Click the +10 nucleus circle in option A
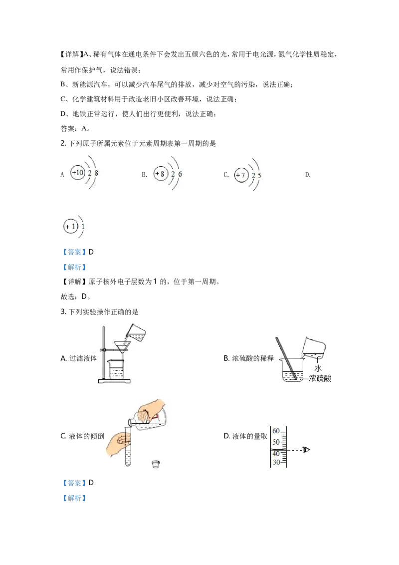click(x=77, y=173)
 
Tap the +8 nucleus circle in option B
click(x=160, y=174)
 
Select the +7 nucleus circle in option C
click(x=241, y=175)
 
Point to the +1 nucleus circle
click(x=71, y=227)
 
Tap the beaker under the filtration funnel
click(x=116, y=369)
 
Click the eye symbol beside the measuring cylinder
click(x=306, y=450)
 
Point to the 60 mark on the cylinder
click(x=276, y=431)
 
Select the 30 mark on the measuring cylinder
click(x=276, y=462)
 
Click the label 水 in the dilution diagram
click(x=318, y=368)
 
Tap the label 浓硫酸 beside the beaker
click(x=320, y=378)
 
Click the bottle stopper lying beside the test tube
click(x=156, y=464)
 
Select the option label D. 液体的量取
click(x=245, y=436)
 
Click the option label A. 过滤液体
click(x=78, y=358)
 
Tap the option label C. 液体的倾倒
click(x=82, y=436)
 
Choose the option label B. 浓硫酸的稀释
click(x=248, y=358)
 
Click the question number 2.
click(x=63, y=143)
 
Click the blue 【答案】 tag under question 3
click(x=74, y=483)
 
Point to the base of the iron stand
click(x=114, y=381)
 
